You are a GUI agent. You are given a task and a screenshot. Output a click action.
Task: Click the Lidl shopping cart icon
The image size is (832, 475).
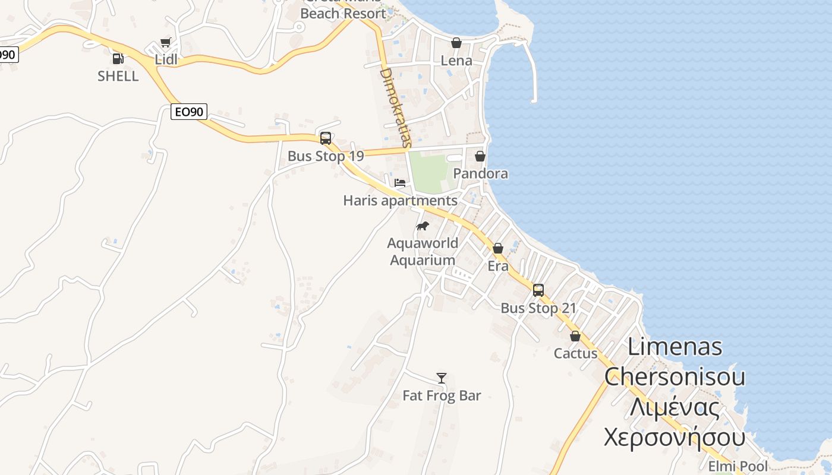pos(166,43)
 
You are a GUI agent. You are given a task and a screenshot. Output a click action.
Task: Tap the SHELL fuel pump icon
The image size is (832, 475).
pos(118,59)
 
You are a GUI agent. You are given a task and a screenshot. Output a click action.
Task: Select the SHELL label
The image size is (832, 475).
pos(118,76)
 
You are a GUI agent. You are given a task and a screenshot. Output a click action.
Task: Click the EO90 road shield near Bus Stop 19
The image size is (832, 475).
pos(188,111)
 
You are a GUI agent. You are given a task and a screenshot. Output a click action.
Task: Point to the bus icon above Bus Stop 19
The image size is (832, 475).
pos(326,138)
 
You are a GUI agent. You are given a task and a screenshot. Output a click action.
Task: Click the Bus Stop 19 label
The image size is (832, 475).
pos(326,156)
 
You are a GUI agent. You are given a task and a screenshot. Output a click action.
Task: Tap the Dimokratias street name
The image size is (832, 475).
pos(395,107)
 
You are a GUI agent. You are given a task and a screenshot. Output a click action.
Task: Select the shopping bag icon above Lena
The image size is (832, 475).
pos(456,43)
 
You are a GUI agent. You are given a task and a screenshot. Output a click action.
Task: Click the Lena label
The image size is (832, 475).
pos(456,61)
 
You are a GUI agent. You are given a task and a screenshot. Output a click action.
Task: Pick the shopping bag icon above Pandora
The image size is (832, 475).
pos(480,156)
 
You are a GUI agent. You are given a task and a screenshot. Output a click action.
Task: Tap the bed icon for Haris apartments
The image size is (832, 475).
pos(400,182)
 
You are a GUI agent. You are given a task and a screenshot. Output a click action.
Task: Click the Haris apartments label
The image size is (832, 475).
pos(400,201)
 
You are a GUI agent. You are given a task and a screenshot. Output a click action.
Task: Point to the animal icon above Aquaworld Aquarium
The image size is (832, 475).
pos(423,226)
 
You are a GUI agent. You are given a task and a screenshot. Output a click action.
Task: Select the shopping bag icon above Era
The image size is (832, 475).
pos(498,248)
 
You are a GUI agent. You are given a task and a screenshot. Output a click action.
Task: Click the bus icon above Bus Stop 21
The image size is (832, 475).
pos(538,290)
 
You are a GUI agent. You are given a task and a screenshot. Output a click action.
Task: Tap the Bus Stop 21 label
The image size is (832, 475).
pos(538,308)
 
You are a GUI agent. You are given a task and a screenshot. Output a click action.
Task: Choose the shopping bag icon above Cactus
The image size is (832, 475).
pos(575,336)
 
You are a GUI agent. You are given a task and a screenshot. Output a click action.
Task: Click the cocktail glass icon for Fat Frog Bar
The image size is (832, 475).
pos(442,378)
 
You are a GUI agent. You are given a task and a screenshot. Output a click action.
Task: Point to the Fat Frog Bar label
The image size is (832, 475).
pos(442,395)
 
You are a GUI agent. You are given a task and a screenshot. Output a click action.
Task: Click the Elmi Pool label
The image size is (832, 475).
pos(738,466)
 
